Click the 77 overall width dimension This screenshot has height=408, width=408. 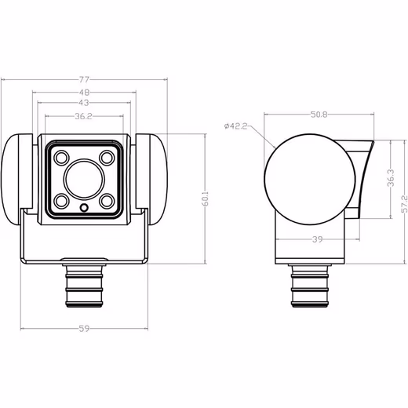click(84, 79)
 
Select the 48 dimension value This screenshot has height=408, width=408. click(84, 93)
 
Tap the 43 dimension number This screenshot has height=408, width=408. click(84, 103)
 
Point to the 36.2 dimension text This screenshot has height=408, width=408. click(84, 116)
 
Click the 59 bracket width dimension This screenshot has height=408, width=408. click(84, 329)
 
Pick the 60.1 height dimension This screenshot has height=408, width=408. click(206, 199)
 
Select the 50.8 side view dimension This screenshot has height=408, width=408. click(319, 115)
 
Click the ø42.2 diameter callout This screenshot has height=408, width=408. click(236, 126)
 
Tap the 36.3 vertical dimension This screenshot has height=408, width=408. click(391, 178)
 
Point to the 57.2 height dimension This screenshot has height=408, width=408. click(404, 204)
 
